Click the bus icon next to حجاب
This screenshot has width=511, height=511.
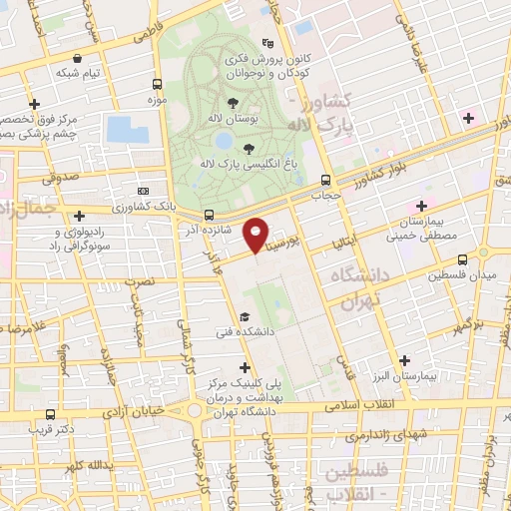tap(325, 181)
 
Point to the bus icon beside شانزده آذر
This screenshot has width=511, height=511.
tap(209, 215)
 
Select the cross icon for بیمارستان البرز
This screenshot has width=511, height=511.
tap(404, 360)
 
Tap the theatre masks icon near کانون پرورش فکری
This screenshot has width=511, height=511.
tap(267, 44)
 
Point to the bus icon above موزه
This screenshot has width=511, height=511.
tap(156, 85)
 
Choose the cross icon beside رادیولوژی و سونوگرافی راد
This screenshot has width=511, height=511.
tap(80, 215)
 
